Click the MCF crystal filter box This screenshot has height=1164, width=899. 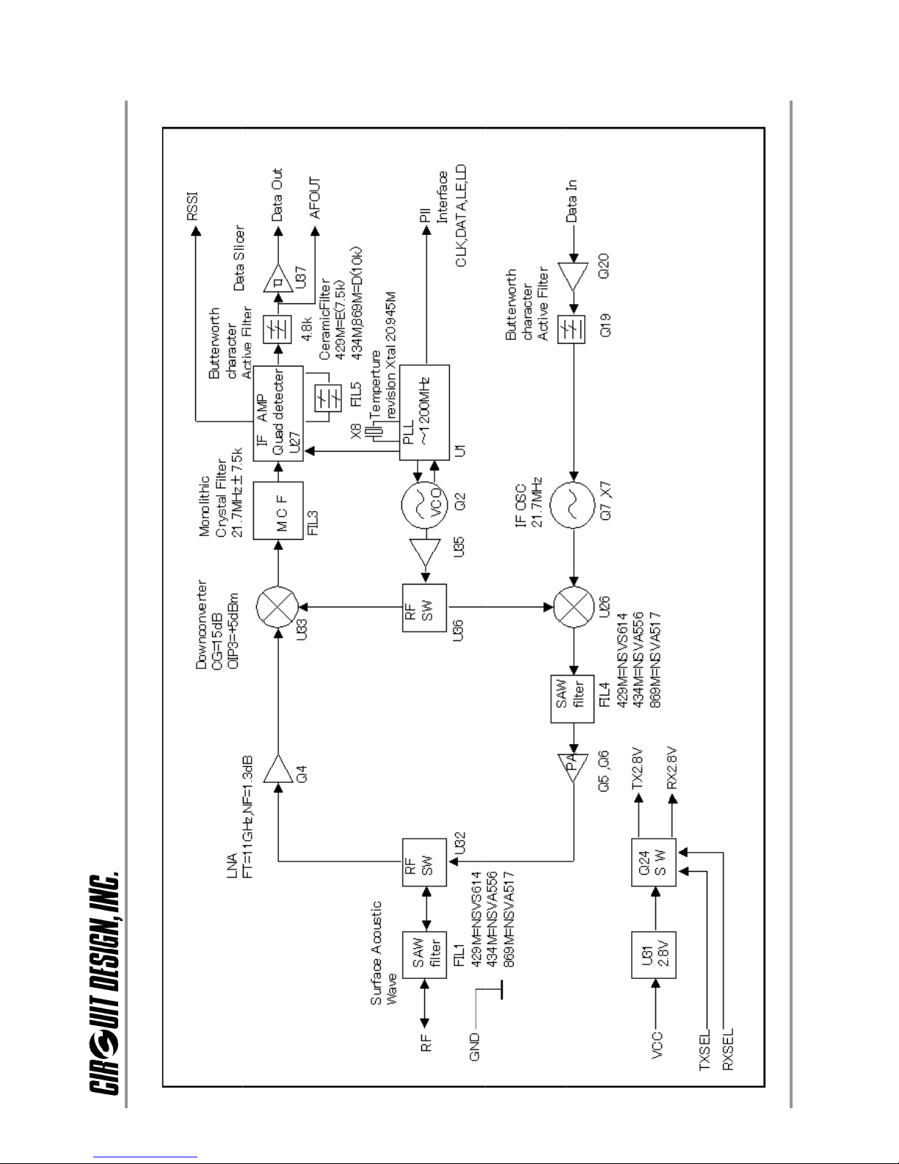tap(277, 510)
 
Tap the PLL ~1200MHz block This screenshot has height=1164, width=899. tap(424, 413)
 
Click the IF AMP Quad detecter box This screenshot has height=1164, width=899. tap(277, 413)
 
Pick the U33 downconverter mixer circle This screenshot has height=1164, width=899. tap(277, 607)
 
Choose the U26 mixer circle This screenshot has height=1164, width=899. tap(574, 607)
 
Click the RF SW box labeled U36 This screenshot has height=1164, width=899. tap(424, 608)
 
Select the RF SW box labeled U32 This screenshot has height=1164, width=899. tap(424, 862)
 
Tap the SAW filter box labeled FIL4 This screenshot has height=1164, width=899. tap(572, 699)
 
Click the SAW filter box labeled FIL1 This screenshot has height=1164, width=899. tap(424, 955)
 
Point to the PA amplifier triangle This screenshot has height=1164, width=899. tap(573, 767)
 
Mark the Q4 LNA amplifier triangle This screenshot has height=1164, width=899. tap(277, 769)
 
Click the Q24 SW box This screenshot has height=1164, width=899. tap(653, 862)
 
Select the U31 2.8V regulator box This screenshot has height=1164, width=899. tap(653, 955)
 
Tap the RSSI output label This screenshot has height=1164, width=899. tap(192, 206)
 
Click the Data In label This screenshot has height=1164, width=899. tap(572, 201)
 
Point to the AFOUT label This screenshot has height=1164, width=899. tap(315, 198)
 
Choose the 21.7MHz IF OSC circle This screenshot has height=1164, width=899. tap(572, 505)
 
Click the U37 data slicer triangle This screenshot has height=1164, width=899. tap(277, 278)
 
